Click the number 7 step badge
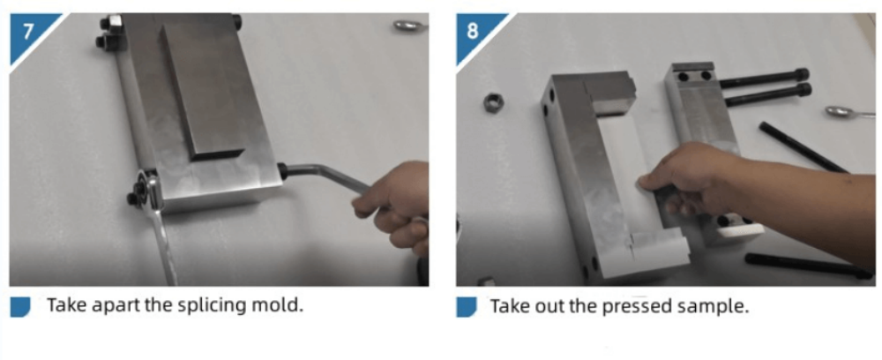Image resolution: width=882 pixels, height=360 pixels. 27,33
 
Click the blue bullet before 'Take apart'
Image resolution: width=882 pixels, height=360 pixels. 20,306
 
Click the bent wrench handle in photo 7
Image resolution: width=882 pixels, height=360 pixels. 325,175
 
